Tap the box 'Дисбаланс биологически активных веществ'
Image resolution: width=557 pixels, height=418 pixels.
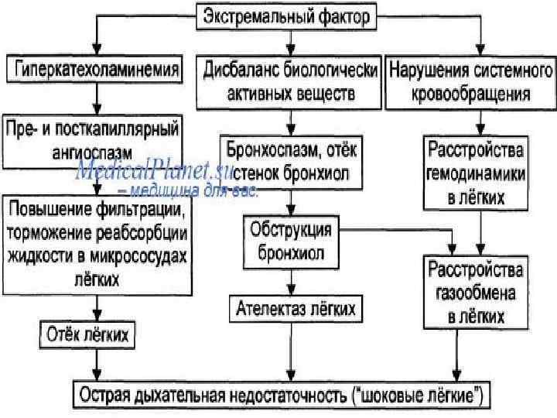(x=290, y=82)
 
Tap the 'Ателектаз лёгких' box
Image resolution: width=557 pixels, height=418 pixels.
(x=296, y=309)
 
